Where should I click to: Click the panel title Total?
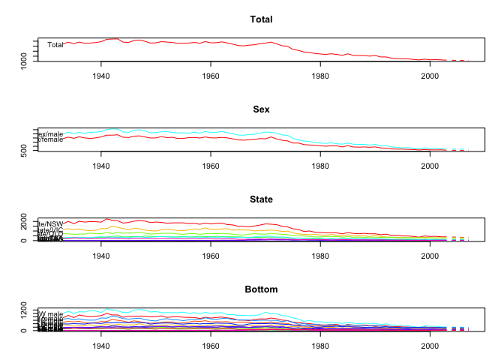(261, 19)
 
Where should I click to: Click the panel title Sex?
(261, 109)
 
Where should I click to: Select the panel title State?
(261, 199)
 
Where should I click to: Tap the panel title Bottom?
(261, 289)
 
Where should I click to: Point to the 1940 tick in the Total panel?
(102, 76)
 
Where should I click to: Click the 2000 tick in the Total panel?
(429, 76)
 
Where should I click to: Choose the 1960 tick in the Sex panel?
(211, 166)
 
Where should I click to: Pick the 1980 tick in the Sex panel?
(320, 166)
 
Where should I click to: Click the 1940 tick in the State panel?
(102, 256)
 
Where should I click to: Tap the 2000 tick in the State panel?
(429, 256)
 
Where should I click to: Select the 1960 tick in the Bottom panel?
(211, 346)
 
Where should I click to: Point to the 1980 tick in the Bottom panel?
(320, 346)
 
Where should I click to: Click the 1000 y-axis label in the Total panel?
(25, 59)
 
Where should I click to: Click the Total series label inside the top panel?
(55, 45)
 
